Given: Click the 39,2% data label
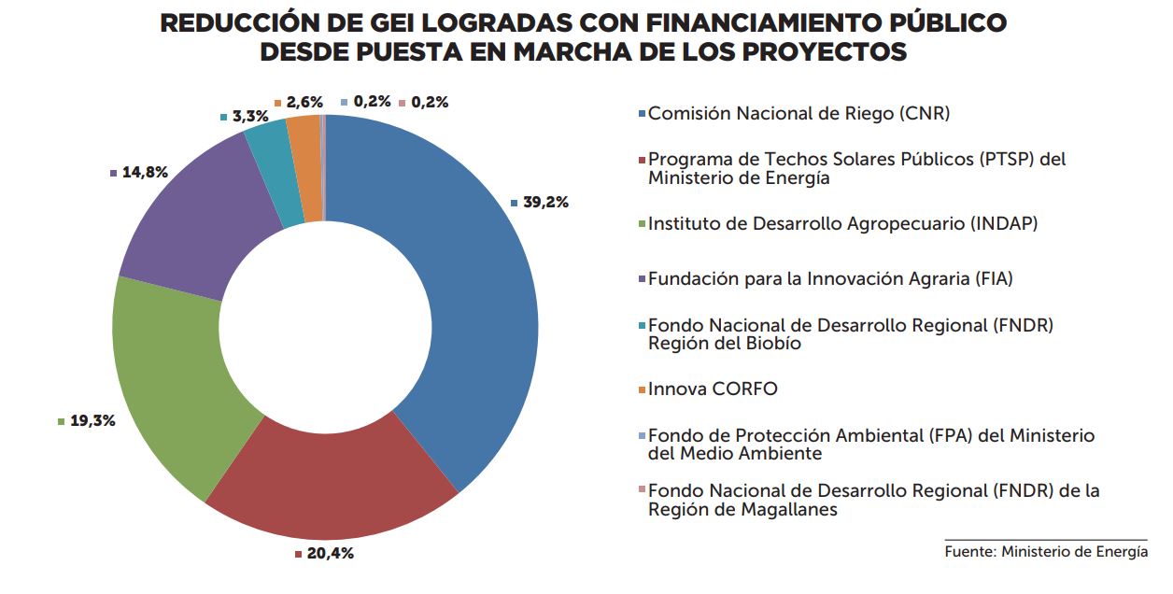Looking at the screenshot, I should [x=545, y=203].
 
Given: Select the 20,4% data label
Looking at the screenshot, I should [x=330, y=554].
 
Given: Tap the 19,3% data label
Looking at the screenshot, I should [x=92, y=421].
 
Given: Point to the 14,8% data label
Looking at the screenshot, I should [x=145, y=172].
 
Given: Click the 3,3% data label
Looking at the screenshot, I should [x=249, y=117].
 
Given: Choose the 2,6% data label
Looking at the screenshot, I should [x=304, y=102].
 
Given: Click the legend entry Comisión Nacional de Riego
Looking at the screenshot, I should [x=798, y=114].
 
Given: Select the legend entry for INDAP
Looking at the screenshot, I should [x=842, y=223].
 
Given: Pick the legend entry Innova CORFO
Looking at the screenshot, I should [x=712, y=389].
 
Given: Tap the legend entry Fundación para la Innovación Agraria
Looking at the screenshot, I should [x=830, y=278].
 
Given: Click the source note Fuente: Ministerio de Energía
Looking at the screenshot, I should [x=1046, y=552].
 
